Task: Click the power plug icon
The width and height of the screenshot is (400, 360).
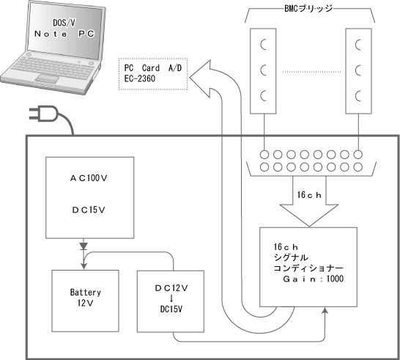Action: coord(43,114)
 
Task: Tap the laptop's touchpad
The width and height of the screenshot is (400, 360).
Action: coord(47,78)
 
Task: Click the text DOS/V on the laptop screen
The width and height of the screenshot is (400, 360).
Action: coord(64,23)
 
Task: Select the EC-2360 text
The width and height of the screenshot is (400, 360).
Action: coord(140,78)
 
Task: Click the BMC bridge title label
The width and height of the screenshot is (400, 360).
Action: coord(308,9)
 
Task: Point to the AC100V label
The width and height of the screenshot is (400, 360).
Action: coord(89,178)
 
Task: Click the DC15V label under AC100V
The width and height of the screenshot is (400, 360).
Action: coord(89,210)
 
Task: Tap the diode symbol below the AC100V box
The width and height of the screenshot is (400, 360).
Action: coord(84,246)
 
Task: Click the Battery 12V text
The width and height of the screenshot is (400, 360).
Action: coord(86,298)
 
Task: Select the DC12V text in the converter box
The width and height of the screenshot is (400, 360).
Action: coord(171,288)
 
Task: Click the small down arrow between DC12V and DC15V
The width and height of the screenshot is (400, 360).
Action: coord(171,298)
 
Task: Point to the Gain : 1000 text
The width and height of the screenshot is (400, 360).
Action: coord(314,279)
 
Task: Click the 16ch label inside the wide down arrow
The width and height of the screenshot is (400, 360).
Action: coord(309,195)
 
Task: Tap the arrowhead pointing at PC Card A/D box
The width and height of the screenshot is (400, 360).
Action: coord(200,79)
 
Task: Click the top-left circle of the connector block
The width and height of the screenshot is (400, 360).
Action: coord(264,155)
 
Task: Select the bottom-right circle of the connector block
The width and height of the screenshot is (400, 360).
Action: coord(358,167)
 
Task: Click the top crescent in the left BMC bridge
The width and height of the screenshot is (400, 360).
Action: coord(262,45)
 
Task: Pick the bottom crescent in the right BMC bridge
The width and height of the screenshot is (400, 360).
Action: coord(358,96)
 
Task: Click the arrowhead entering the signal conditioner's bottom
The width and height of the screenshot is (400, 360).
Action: coord(325,310)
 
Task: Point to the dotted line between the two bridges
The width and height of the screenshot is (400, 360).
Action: coord(311,72)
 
